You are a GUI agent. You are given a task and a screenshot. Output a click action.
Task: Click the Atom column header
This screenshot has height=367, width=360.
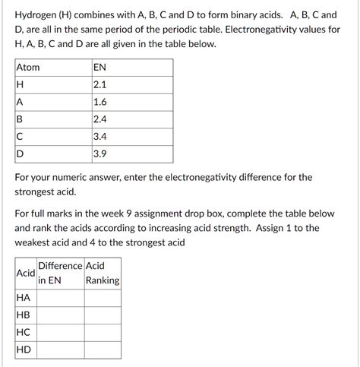(x=28, y=68)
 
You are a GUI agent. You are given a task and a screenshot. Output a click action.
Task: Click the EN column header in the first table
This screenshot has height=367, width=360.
(x=99, y=68)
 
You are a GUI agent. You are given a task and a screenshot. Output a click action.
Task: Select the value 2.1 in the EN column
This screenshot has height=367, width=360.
(x=99, y=85)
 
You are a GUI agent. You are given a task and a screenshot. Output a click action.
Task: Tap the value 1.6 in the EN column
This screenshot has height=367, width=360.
(x=99, y=103)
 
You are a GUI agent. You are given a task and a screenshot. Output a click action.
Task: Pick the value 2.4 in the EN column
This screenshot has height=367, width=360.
(x=99, y=120)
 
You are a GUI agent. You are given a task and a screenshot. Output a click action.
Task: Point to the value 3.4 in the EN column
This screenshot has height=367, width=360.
(x=99, y=138)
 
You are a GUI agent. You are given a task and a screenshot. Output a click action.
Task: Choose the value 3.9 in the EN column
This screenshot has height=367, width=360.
(x=99, y=155)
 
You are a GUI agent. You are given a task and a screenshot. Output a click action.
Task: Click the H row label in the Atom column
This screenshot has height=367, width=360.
(x=20, y=85)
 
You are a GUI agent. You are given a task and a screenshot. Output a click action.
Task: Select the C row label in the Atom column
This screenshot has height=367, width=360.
(x=20, y=138)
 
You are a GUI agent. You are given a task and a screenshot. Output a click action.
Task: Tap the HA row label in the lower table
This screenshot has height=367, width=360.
(x=24, y=298)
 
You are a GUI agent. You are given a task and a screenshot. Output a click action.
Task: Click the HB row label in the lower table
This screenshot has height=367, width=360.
(x=24, y=315)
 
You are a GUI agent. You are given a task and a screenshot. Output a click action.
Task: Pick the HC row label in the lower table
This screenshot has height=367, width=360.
(x=24, y=333)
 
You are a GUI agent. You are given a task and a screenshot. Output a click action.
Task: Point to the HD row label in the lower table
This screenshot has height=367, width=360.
(x=24, y=350)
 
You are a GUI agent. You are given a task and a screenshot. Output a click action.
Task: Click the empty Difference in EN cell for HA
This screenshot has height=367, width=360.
(x=60, y=298)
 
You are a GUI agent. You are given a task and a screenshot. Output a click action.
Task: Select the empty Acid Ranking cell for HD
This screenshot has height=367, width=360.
(x=103, y=350)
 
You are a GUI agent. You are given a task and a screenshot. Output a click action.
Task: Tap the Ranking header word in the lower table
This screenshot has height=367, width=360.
(x=103, y=280)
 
